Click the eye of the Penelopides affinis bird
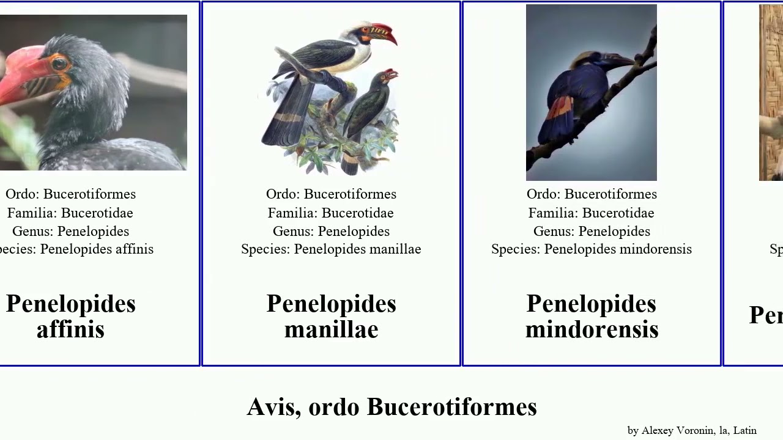59,63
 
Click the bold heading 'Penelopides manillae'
331,317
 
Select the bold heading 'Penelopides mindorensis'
592,317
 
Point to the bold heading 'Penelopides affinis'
71,317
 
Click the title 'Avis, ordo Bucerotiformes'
391,407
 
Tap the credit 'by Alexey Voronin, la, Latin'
692,430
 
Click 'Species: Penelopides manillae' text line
331,249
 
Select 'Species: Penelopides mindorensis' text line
592,249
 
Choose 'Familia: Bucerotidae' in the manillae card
331,213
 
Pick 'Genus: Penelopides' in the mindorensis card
592,231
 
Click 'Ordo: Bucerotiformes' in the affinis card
71,194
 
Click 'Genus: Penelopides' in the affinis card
71,231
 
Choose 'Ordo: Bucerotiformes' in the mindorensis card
592,194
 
